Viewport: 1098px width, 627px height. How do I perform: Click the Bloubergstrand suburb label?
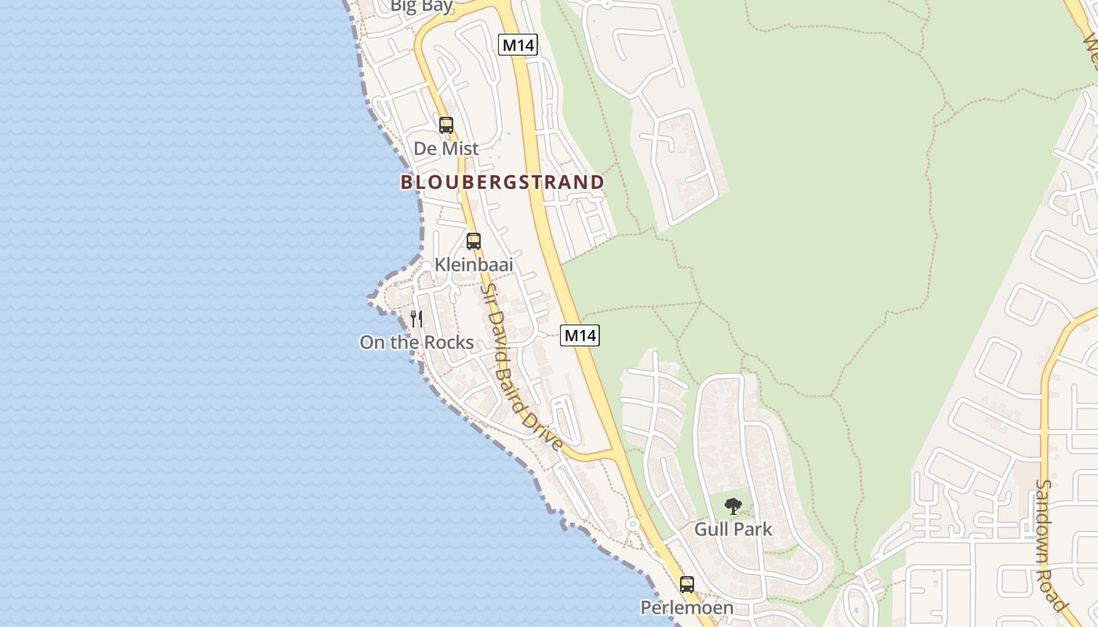coord(502,183)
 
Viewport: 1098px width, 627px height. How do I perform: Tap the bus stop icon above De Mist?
coord(446,125)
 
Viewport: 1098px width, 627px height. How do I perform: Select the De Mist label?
coord(446,148)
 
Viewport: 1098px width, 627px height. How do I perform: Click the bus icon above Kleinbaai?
coord(474,241)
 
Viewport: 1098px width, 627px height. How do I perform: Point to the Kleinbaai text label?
coord(474,265)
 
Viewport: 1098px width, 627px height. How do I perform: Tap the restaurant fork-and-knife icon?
coord(416,319)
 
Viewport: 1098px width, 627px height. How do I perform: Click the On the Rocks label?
coord(416,342)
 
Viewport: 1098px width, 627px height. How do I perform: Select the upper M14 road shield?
coord(518,45)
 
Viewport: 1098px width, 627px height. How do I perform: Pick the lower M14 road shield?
coord(580,335)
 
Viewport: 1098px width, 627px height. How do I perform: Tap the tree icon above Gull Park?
coord(733,506)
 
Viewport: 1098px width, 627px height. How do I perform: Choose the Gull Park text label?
coord(733,529)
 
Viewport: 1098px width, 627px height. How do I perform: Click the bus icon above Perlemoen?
coord(687,584)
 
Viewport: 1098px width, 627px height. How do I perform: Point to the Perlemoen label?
coord(687,607)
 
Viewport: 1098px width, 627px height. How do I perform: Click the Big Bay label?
coord(422,6)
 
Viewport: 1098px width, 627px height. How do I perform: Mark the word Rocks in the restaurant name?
coord(449,342)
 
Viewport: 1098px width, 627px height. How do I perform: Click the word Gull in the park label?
coord(710,529)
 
